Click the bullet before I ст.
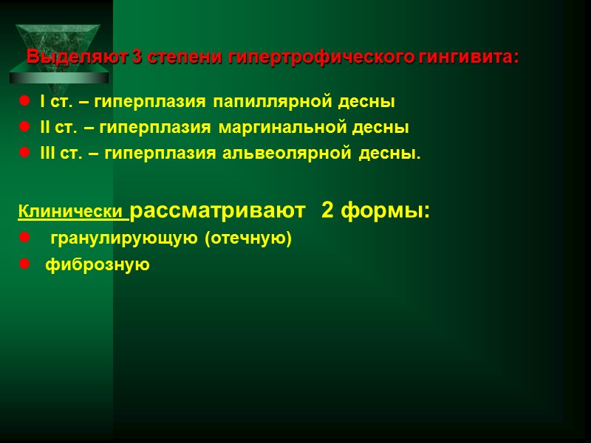pos(23,101)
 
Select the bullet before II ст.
pos(23,128)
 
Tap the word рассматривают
pos(217,212)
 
